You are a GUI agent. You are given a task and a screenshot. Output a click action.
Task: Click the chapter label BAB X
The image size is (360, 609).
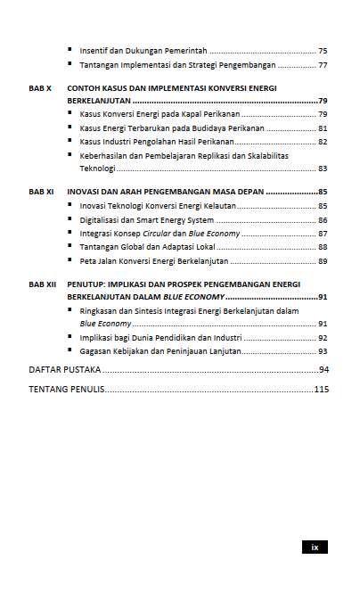[40, 88]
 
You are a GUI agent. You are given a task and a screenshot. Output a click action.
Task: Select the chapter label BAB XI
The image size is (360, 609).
[41, 192]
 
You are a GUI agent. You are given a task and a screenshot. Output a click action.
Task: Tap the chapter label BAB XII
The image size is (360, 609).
[42, 284]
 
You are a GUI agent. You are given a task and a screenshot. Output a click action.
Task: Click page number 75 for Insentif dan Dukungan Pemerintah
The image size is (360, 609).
[323, 51]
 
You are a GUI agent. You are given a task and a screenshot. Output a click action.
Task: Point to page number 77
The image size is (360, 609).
[323, 65]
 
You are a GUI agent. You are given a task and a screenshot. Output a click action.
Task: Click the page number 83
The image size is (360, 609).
[323, 169]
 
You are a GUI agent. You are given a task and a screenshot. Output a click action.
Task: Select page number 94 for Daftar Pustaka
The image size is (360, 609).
[323, 369]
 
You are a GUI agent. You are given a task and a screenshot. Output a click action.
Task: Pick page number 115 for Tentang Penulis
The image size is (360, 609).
[322, 390]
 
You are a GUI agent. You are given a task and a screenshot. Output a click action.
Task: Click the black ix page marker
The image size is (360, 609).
[315, 547]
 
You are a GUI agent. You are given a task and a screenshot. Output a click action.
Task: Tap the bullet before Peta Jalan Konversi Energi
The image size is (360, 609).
[70, 260]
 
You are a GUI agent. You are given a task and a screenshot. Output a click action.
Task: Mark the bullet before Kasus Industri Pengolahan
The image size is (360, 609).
[70, 142]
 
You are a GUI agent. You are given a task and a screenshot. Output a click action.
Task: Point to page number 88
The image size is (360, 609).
[323, 247]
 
